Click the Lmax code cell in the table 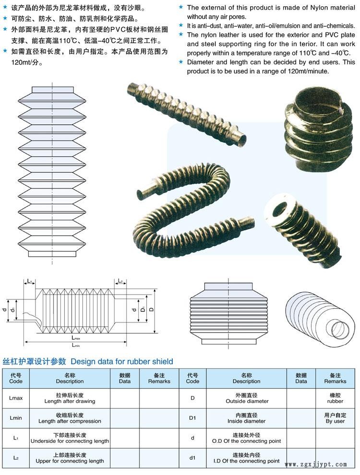click(16, 398)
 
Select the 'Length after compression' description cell click(70, 418)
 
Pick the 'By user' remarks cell click(335, 418)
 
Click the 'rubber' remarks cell click(335, 398)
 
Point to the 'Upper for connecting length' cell click(70, 458)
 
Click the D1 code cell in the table click(192, 418)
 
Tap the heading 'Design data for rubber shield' click(122, 361)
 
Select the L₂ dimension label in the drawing click(120, 281)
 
